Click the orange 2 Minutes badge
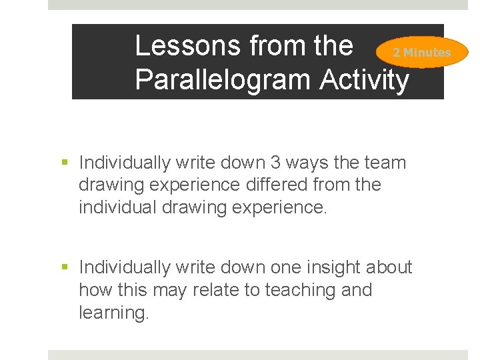click(421, 52)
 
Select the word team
click(385, 162)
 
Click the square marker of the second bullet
click(65, 268)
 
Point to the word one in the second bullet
click(285, 267)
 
